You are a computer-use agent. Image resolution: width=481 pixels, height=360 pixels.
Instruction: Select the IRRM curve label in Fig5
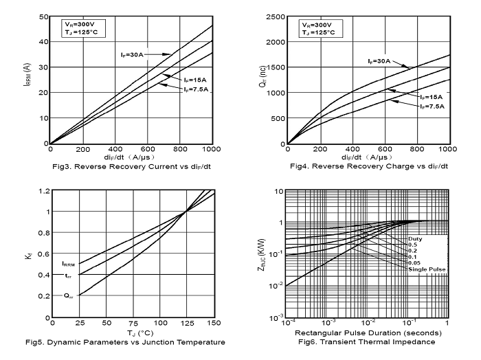(68, 263)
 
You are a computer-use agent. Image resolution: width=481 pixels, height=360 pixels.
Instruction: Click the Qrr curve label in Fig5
(68, 296)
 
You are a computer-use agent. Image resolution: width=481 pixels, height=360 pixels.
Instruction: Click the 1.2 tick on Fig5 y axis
(43, 190)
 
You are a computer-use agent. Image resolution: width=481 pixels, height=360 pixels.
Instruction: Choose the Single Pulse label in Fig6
(427, 269)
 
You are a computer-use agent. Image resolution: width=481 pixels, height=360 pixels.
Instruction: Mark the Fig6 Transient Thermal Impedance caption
(368, 342)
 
